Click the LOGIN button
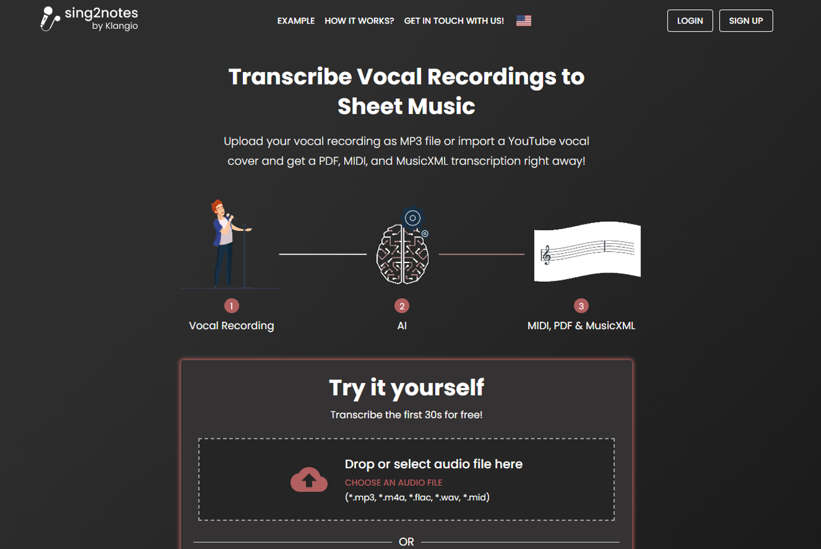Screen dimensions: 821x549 690,21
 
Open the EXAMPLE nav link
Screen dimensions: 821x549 296,21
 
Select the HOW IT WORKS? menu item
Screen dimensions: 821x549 359,21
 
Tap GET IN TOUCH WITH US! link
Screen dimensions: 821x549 454,21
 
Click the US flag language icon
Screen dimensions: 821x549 523,21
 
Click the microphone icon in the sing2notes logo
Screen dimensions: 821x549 49,18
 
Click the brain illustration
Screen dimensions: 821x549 402,254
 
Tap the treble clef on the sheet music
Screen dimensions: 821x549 546,255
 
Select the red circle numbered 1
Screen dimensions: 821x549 231,306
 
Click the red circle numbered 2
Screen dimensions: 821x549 402,306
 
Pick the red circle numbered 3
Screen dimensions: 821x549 581,306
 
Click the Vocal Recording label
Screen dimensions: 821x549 231,326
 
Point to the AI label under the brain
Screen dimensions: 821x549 402,326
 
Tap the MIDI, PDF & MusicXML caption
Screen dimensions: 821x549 581,326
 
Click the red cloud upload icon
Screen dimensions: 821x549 308,479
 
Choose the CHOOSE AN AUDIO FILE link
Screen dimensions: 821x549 393,483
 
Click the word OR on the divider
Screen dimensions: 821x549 406,541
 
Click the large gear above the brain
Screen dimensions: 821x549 412,218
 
